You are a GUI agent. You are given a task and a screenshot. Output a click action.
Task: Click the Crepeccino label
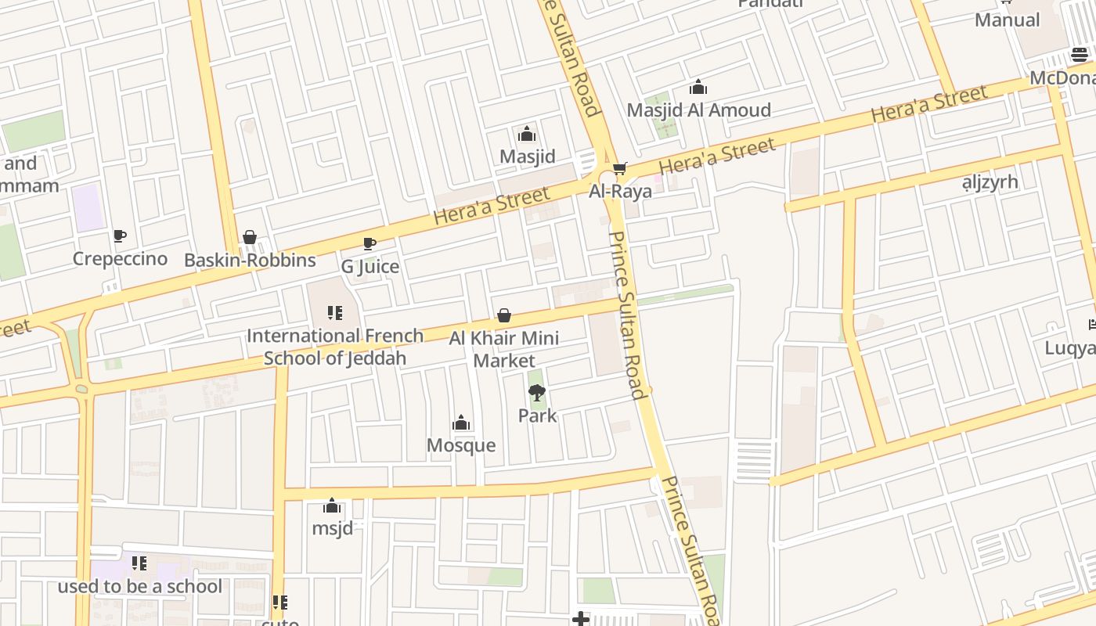(120, 259)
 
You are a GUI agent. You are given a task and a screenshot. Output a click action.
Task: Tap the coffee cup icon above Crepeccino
(119, 236)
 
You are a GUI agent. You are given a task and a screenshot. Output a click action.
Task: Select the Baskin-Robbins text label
(250, 260)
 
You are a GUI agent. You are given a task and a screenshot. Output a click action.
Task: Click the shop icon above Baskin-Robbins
(250, 237)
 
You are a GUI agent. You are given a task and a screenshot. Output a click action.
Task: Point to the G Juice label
(370, 267)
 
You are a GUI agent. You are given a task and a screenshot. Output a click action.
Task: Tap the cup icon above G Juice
(370, 244)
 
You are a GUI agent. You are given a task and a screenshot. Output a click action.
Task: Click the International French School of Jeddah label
(335, 347)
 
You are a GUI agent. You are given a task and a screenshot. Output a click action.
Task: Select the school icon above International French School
(335, 314)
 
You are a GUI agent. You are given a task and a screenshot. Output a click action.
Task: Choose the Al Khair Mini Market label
(504, 349)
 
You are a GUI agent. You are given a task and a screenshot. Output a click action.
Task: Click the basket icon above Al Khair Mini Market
(504, 316)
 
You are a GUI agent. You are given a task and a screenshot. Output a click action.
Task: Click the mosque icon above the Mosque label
(461, 423)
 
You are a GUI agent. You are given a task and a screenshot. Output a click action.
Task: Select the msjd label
(332, 528)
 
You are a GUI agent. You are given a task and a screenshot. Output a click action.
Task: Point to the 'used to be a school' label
(139, 586)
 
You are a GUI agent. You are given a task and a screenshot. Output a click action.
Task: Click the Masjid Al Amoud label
(698, 110)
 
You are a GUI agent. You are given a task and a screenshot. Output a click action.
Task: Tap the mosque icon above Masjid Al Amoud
(698, 88)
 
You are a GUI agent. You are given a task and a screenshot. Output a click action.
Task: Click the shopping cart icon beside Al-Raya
(619, 169)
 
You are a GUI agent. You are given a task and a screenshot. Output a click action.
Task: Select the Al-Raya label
(620, 192)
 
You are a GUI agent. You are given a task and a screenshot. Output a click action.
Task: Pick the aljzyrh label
(990, 182)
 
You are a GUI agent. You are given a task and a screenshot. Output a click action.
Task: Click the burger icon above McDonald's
(1079, 55)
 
